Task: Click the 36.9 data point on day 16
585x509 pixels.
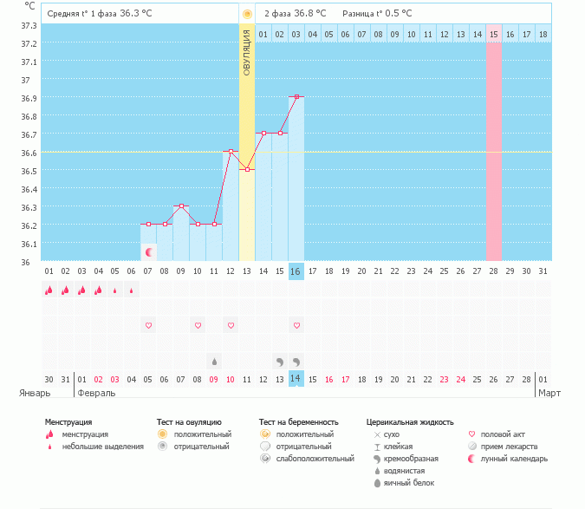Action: pos(296,97)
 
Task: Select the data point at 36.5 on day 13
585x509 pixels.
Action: pos(247,169)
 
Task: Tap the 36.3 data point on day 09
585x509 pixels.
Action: pos(181,206)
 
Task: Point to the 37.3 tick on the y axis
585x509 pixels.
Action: pos(28,25)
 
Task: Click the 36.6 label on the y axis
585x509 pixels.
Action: pos(28,153)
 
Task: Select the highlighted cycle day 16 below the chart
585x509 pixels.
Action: pos(296,271)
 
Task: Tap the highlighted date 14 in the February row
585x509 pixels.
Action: pos(296,379)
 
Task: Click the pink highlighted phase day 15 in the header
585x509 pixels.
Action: pos(494,34)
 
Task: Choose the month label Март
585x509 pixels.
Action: pos(549,393)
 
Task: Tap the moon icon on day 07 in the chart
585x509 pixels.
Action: pos(149,252)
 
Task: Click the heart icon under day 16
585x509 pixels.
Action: pos(296,325)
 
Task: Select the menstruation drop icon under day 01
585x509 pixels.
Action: pos(49,290)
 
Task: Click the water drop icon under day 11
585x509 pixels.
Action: pos(214,361)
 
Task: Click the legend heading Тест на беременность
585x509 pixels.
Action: pos(304,422)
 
